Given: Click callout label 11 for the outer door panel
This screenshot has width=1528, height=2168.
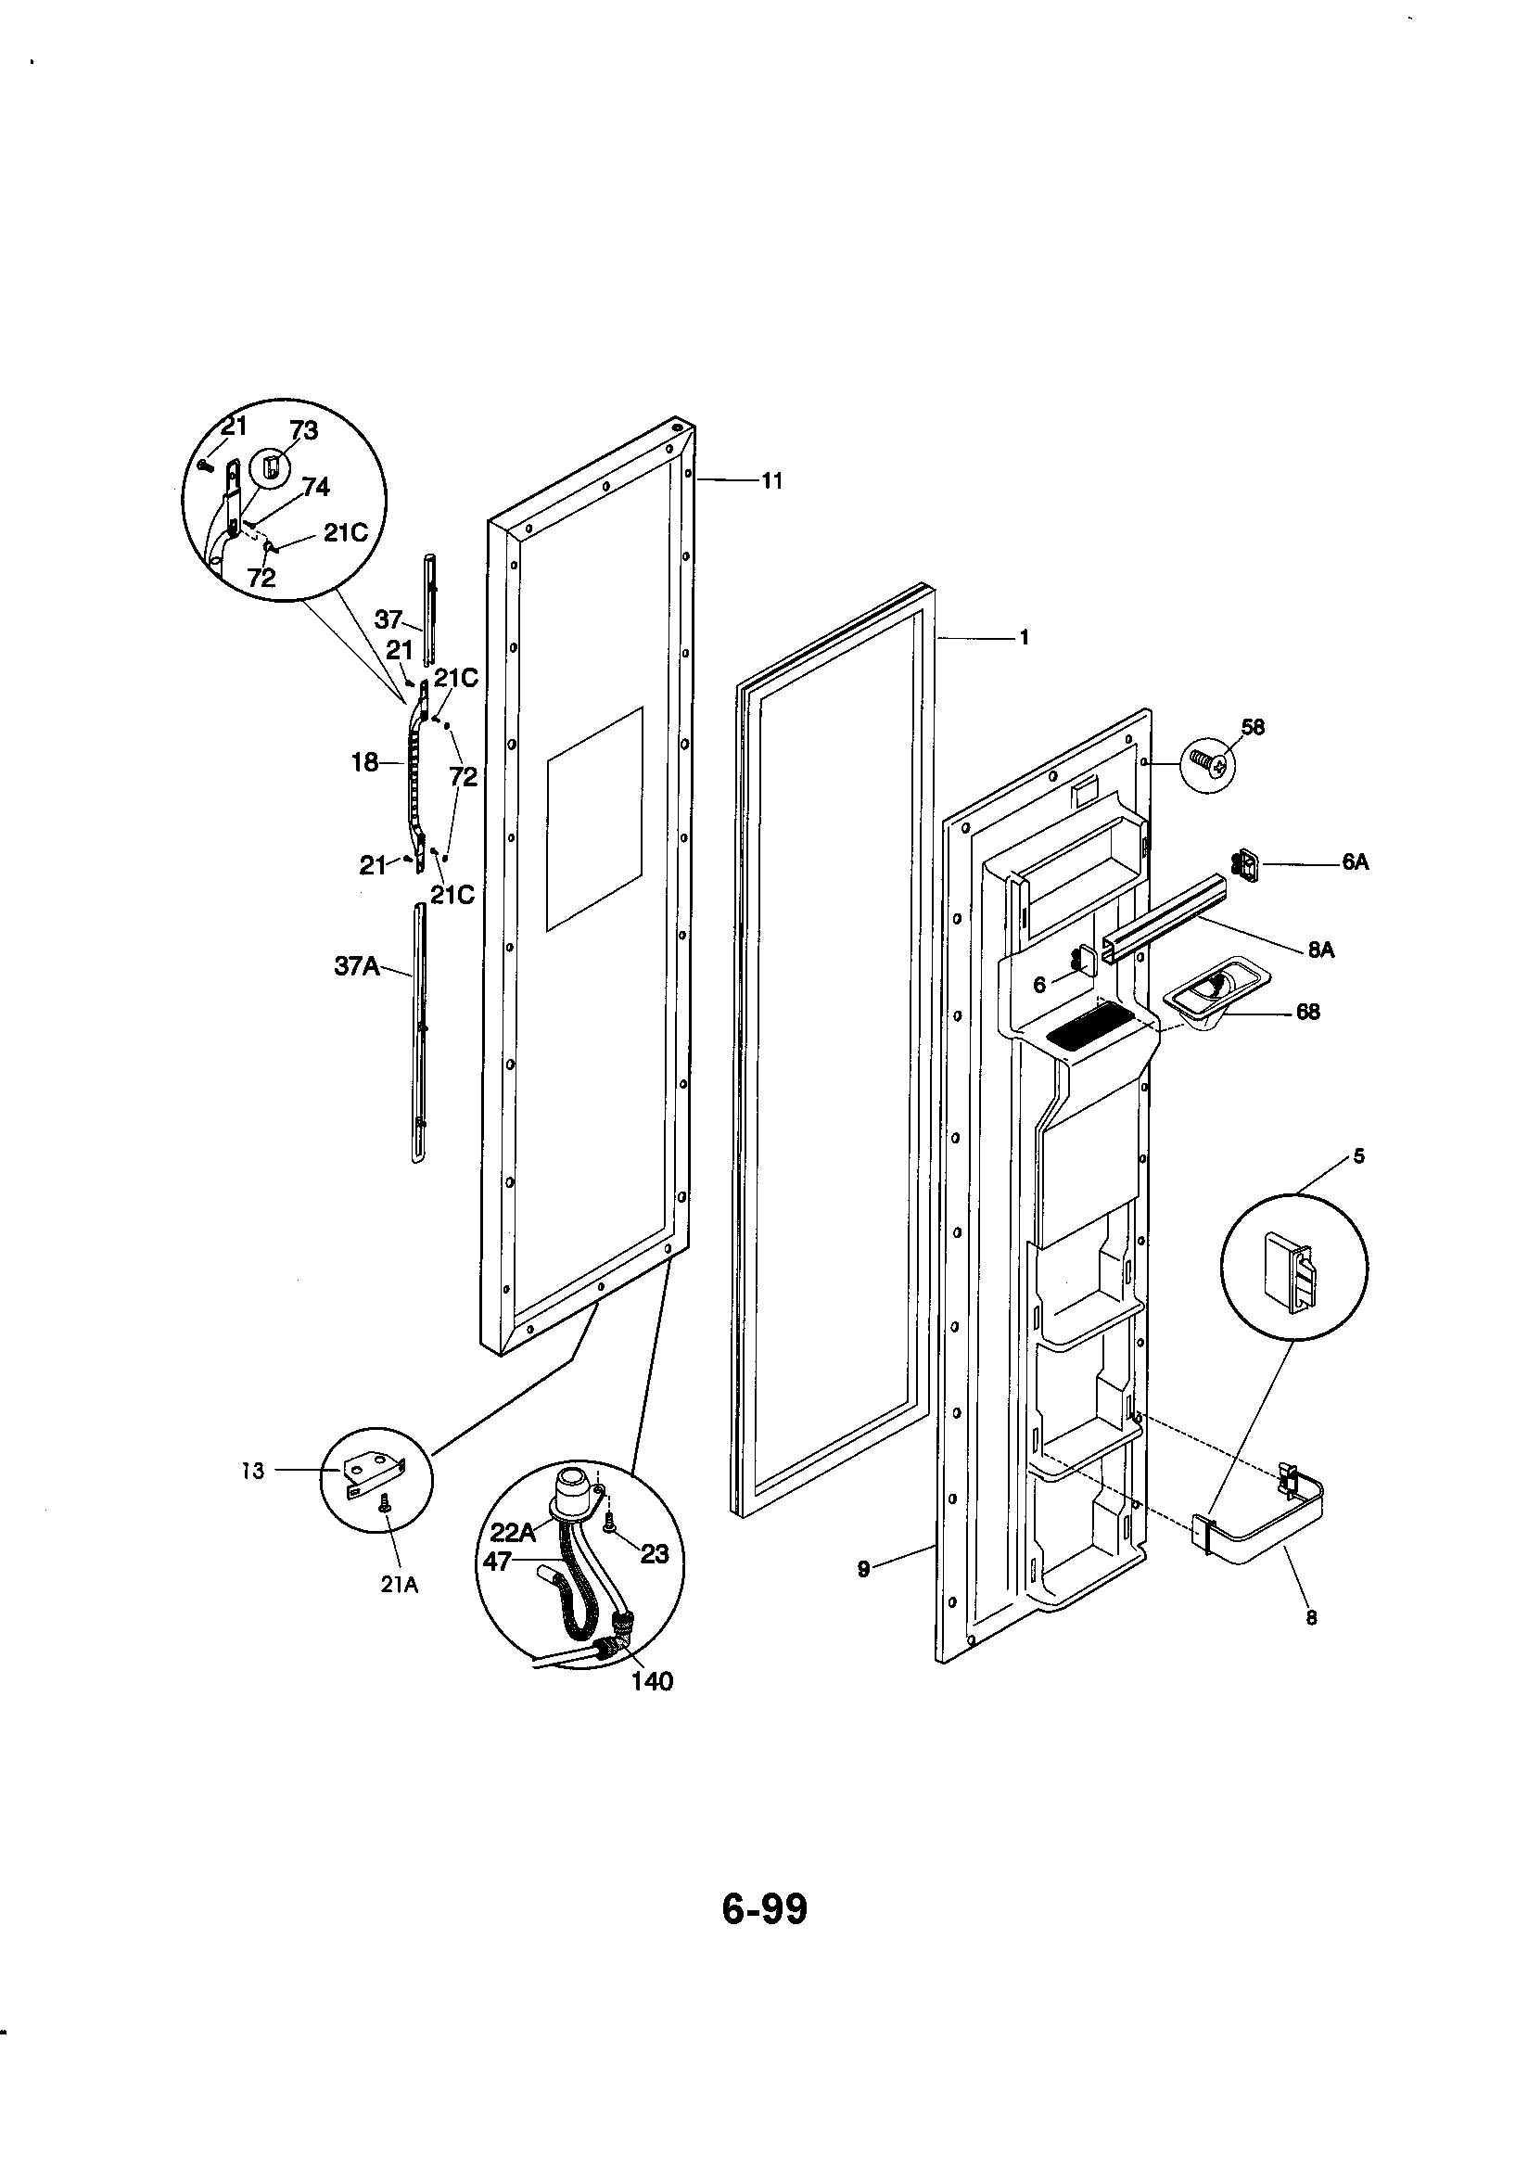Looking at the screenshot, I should [x=771, y=481].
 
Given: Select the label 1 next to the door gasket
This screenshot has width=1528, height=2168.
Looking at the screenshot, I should [x=1024, y=637].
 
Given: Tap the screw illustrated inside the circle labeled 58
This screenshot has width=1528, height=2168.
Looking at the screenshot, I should [x=1208, y=759].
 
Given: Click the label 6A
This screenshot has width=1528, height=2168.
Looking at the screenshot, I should [x=1356, y=862].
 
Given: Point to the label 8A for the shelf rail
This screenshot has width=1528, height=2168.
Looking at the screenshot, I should [x=1320, y=950].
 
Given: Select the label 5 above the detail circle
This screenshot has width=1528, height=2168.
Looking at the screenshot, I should [x=1358, y=1155].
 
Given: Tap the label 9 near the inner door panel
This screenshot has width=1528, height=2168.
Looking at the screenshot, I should [x=863, y=1568].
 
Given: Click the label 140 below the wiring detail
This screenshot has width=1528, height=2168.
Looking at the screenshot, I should [x=653, y=1681].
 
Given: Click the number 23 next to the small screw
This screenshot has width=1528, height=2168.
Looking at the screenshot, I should [x=655, y=1553].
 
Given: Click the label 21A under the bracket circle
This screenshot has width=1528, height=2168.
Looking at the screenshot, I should [x=399, y=1586].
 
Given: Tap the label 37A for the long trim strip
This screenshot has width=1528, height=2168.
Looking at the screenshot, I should [x=357, y=966].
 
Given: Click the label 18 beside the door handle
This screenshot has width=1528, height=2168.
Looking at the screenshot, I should [x=365, y=762].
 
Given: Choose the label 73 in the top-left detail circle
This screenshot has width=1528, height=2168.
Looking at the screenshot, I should [x=303, y=430].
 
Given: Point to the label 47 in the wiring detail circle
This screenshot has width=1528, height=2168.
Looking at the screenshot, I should [x=497, y=1562].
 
